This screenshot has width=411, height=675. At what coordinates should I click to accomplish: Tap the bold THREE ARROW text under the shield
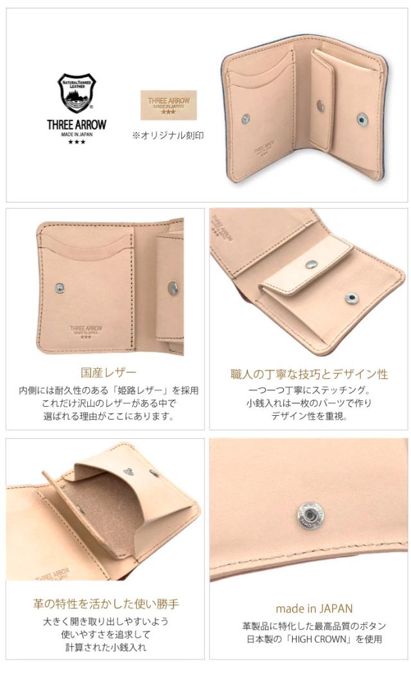76,125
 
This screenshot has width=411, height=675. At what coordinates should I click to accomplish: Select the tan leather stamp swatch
168,105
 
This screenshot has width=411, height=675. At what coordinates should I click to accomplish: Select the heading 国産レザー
109,372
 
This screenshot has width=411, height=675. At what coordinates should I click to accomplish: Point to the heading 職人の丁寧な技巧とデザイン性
309,374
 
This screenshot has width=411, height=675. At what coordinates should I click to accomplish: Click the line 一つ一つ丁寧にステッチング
309,390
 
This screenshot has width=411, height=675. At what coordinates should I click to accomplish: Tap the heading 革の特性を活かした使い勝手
106,604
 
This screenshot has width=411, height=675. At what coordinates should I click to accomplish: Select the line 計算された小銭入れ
106,647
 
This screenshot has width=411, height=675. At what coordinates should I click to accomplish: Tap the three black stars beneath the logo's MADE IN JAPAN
76,142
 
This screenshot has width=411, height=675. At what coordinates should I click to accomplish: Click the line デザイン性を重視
309,416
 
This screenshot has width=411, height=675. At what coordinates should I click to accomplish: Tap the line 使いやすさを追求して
106,634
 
